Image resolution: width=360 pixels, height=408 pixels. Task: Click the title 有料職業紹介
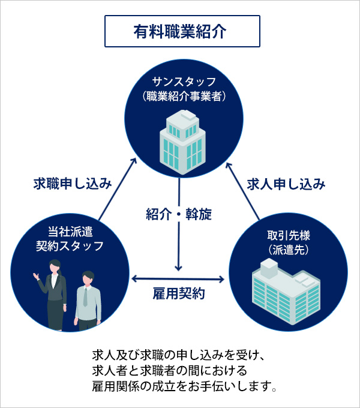point(180,32)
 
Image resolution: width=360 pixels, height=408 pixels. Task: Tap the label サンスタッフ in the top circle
point(184,82)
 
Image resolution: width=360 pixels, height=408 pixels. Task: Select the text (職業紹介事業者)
point(184,96)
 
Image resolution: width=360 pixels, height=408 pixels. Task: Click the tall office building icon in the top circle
point(182,142)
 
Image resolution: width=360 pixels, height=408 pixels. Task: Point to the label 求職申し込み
point(73,184)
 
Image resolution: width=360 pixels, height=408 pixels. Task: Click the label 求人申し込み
point(286,184)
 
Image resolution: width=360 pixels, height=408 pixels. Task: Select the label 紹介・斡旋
point(179,214)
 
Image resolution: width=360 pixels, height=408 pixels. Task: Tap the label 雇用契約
point(179,294)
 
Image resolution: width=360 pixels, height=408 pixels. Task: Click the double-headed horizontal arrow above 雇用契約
point(178,279)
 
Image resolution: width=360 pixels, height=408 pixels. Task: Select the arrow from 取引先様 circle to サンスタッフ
point(242,191)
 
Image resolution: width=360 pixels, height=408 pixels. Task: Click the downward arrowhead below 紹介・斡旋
point(178,268)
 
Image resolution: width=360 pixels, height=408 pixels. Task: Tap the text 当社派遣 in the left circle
point(70,232)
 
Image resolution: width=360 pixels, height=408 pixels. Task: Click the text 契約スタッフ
point(70,246)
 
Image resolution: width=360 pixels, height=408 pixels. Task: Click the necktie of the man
point(85,297)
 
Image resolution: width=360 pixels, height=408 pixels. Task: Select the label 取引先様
point(289,235)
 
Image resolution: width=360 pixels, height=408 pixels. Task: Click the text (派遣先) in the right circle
point(289,250)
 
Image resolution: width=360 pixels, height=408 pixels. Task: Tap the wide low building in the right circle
point(286,292)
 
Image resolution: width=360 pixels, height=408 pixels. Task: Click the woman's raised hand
point(36,275)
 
